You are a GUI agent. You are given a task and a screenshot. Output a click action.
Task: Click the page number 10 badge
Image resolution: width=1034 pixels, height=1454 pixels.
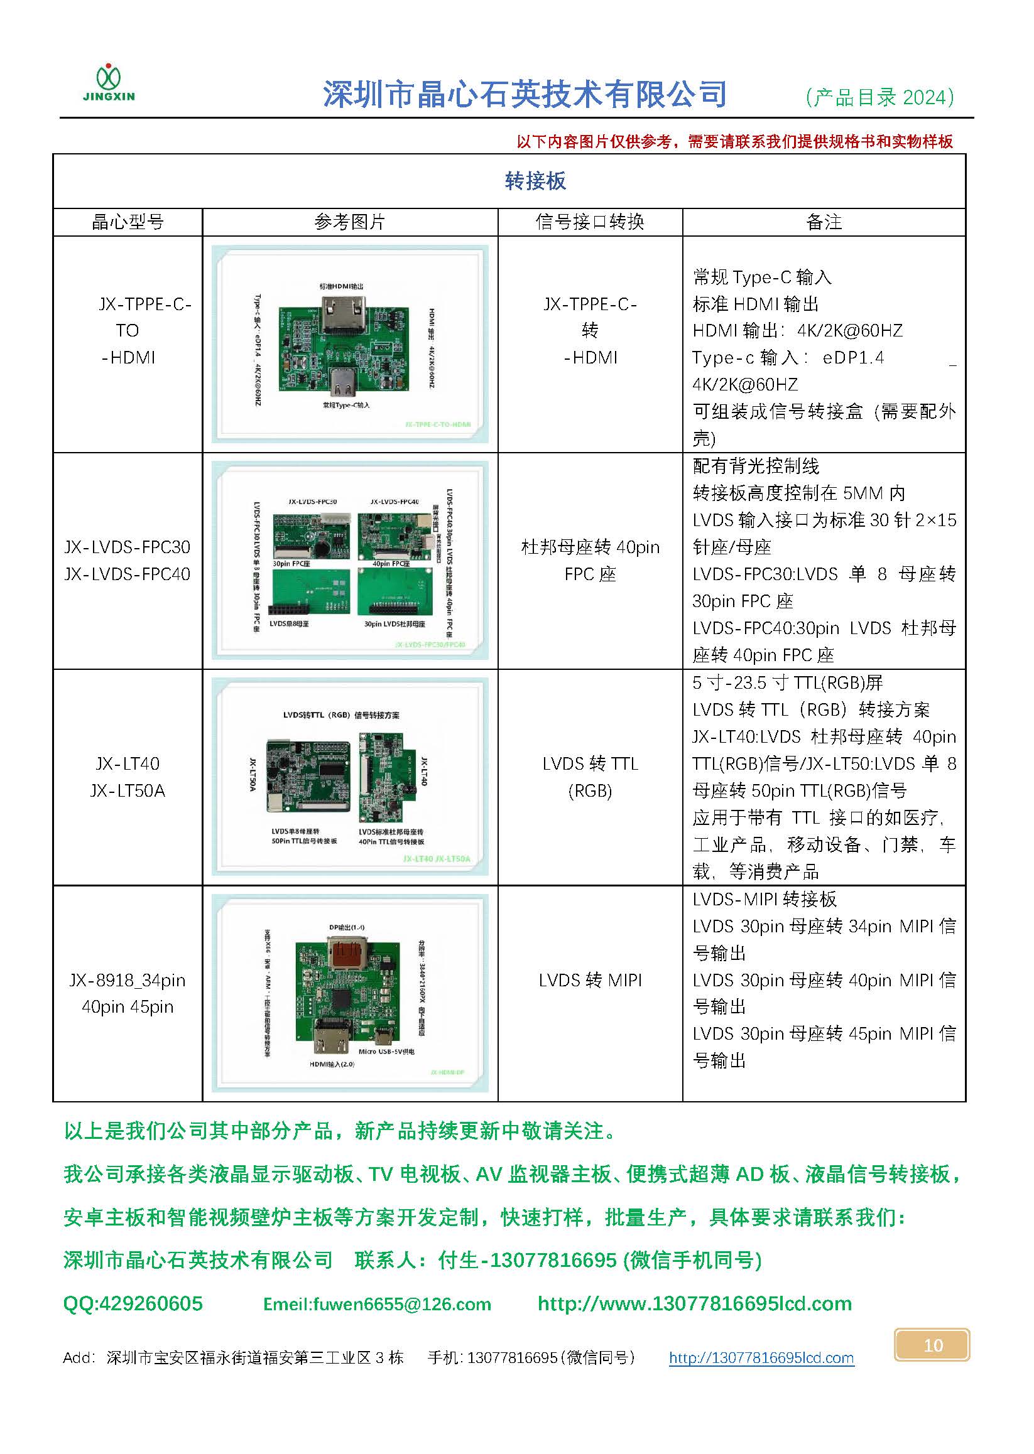(x=932, y=1345)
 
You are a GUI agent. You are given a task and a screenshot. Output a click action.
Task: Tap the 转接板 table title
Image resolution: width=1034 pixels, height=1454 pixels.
(x=535, y=181)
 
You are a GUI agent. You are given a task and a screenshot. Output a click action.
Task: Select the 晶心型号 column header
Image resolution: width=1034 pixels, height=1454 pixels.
(x=128, y=222)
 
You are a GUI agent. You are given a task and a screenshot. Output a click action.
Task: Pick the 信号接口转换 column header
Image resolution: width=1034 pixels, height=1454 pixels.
(x=590, y=222)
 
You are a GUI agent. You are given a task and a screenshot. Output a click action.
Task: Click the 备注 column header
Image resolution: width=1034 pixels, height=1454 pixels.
(x=824, y=222)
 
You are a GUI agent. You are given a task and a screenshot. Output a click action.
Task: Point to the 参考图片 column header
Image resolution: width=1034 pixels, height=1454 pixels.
(x=349, y=222)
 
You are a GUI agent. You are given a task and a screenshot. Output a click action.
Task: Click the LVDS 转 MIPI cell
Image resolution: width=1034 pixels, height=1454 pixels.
(x=590, y=980)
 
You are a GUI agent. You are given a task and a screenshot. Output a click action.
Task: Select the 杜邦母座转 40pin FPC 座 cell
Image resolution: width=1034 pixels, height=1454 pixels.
(x=590, y=561)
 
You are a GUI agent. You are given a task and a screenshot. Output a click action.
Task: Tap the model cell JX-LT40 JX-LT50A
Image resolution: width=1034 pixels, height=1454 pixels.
(x=128, y=777)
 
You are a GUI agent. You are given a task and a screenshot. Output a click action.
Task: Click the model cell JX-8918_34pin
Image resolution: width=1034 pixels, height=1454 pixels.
(x=128, y=993)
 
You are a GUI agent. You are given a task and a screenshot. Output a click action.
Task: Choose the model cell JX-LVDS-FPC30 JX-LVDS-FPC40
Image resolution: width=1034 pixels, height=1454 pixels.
(x=128, y=561)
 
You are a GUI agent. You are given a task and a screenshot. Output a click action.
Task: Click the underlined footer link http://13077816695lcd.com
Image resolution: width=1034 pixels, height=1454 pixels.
(x=761, y=1358)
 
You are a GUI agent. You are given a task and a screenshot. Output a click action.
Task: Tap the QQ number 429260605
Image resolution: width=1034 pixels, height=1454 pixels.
(x=133, y=1303)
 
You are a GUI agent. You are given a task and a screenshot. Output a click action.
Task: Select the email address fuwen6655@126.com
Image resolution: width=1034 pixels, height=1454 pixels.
(x=377, y=1304)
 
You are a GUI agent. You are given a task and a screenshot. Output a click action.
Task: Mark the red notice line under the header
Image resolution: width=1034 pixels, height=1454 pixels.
(x=734, y=142)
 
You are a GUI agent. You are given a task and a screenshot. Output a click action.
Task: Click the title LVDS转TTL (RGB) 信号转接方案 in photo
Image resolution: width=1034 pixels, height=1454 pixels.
(x=341, y=715)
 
